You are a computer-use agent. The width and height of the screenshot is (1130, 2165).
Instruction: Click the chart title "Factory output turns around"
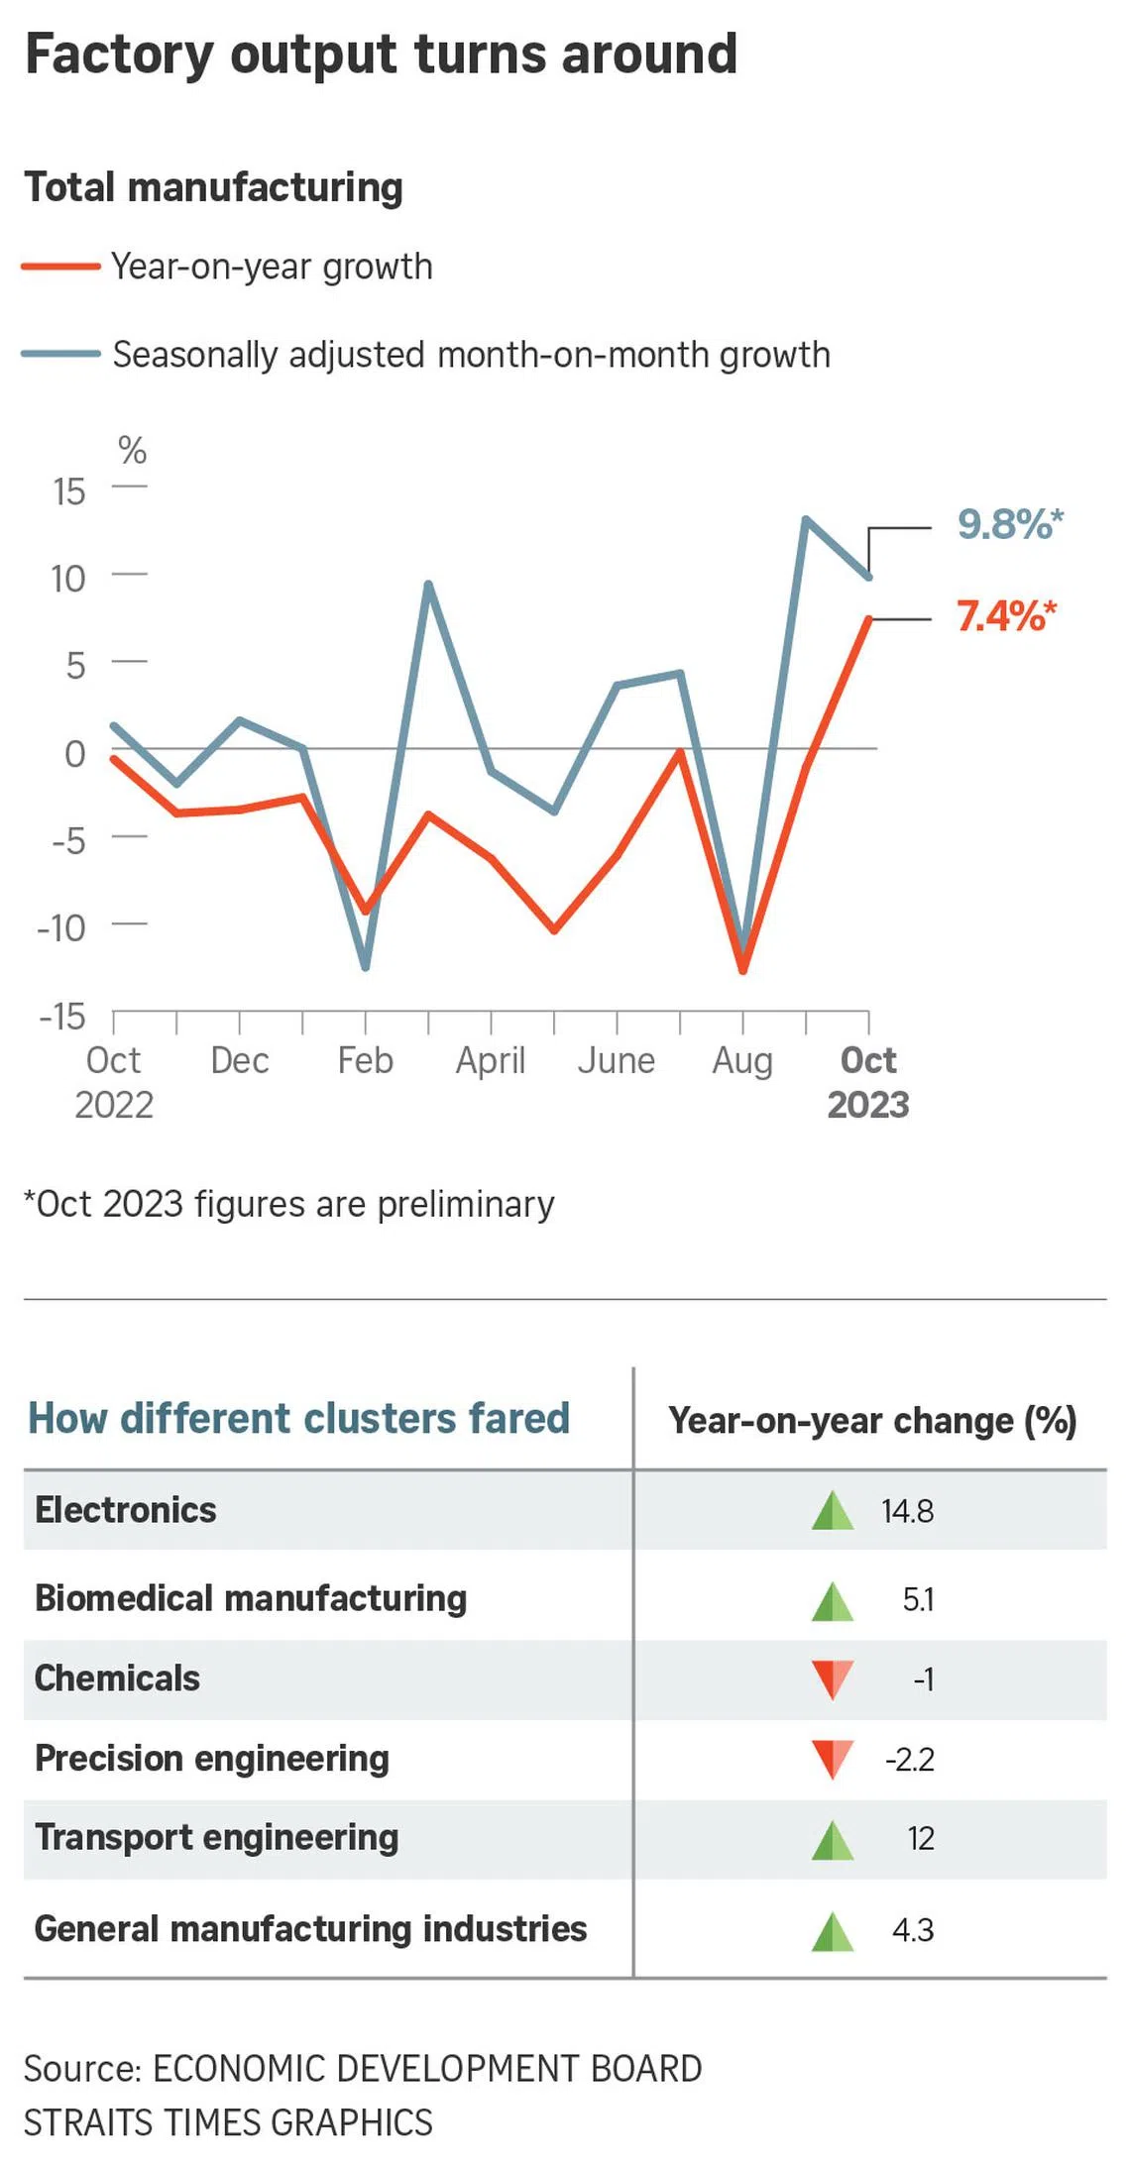coord(381,54)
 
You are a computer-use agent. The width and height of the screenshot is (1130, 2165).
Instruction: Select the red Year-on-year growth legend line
coord(61,266)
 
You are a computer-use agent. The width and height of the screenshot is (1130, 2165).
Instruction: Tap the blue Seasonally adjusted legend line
coord(61,354)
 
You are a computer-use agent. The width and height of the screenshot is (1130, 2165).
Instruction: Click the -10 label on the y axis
coord(61,928)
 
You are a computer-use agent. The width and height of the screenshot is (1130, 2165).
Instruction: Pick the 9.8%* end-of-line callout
coord(1009,524)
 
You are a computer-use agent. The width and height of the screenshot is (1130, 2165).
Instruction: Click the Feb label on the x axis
coord(365,1060)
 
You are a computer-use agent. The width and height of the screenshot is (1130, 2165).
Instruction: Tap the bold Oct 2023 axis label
coord(868,1082)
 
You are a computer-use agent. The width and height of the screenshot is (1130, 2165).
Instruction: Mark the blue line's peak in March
coord(428,584)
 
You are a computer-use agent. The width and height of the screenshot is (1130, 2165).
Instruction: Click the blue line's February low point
coord(366,967)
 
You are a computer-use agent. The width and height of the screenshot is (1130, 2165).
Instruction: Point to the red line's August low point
coord(743,971)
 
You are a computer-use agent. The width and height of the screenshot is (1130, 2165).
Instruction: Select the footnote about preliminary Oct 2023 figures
coord(289,1204)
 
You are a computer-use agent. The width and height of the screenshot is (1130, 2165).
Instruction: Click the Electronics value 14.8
coord(907,1511)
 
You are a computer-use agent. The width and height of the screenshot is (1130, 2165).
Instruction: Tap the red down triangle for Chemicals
coord(833,1678)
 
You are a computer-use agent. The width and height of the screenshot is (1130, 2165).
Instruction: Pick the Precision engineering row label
coord(212,1759)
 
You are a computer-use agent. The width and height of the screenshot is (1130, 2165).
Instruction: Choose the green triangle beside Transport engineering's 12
coord(833,1839)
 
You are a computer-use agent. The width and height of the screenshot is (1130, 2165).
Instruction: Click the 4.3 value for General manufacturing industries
coord(913,1930)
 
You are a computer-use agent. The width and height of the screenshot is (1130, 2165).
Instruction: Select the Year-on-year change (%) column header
coord(872,1420)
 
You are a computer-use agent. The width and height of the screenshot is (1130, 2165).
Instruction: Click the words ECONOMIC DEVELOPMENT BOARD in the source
coord(427,2069)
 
